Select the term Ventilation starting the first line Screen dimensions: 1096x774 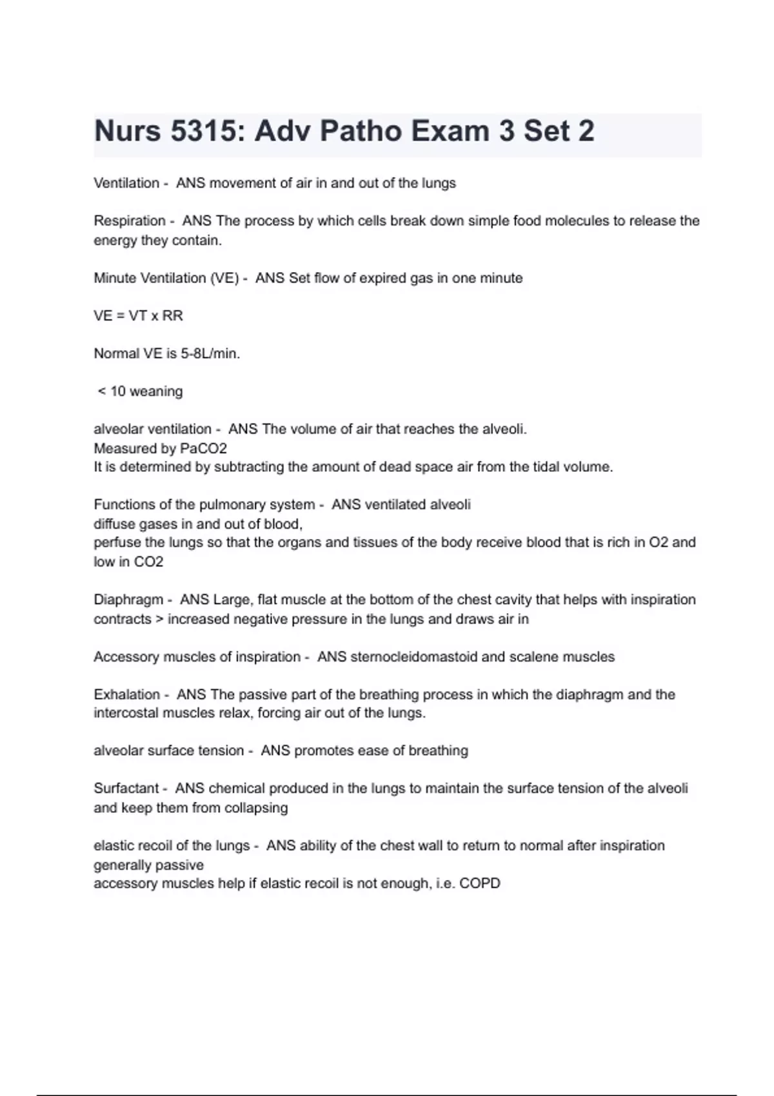[126, 183]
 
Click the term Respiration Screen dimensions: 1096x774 [130, 221]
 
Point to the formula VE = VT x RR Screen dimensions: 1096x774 [138, 316]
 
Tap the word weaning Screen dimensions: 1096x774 [156, 391]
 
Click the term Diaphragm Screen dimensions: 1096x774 [128, 600]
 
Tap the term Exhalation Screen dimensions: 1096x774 [126, 694]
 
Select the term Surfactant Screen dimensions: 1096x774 [126, 788]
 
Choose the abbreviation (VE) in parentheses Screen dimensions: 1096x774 [224, 279]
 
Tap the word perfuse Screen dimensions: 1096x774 [117, 543]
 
